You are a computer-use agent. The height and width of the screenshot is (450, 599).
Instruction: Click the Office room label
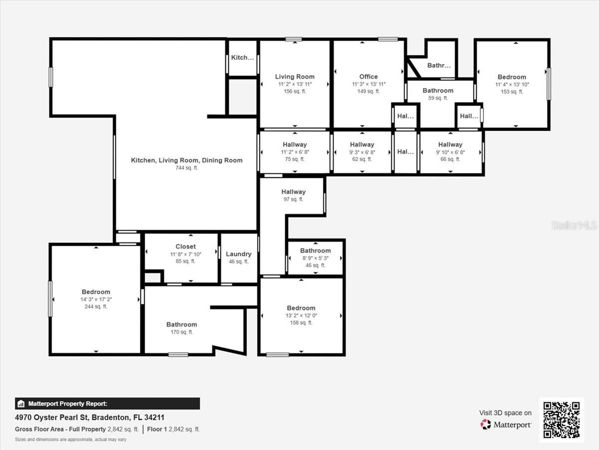click(368, 76)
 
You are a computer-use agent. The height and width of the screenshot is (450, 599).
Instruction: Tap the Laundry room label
click(239, 254)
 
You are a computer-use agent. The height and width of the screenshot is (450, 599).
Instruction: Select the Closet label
click(186, 246)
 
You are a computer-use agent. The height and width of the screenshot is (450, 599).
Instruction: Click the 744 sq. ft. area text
click(187, 168)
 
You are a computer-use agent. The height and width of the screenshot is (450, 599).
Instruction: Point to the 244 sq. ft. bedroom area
click(96, 306)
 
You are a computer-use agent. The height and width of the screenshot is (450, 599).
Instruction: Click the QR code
click(562, 420)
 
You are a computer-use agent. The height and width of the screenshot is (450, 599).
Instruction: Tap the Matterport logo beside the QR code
click(506, 424)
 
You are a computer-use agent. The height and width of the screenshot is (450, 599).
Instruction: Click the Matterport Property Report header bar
click(107, 403)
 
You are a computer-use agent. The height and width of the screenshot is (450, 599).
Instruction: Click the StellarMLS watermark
click(574, 225)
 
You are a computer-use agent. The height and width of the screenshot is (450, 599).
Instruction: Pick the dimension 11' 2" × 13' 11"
click(295, 84)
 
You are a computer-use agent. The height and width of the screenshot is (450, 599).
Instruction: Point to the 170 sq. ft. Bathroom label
click(182, 324)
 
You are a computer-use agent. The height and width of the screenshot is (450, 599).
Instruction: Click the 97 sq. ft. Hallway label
click(294, 192)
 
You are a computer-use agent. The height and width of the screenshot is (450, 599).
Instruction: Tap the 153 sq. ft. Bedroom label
click(512, 77)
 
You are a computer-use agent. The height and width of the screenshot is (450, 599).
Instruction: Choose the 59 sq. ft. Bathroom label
click(438, 90)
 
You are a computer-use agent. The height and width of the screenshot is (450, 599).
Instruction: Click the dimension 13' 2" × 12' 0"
click(301, 315)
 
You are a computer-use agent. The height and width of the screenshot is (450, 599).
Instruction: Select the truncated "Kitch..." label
click(243, 57)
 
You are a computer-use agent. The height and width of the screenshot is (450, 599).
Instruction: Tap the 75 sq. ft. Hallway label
click(295, 144)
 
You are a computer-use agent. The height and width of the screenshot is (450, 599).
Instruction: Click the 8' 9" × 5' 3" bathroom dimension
click(315, 258)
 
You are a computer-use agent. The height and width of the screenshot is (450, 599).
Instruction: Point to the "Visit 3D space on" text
click(505, 412)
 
